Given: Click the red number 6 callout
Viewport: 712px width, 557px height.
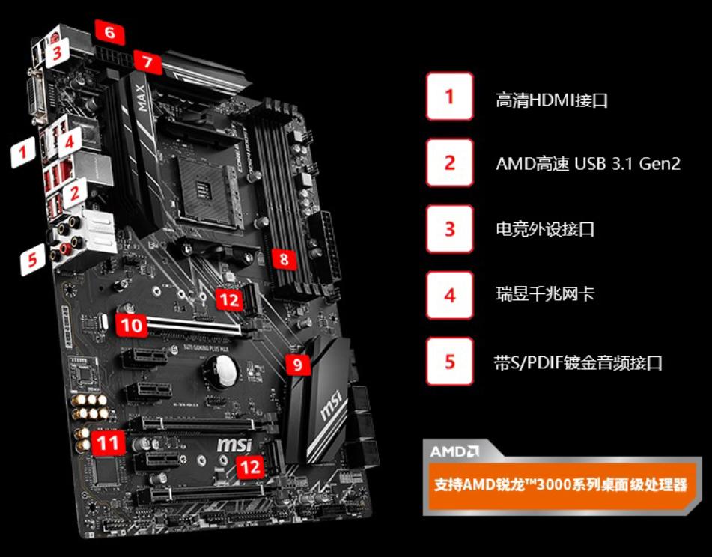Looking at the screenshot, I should click(110, 33).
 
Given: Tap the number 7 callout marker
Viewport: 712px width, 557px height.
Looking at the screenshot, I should click(147, 62).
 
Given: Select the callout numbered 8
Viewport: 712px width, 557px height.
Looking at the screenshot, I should click(284, 260).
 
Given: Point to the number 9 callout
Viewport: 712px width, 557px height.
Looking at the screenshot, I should click(298, 365).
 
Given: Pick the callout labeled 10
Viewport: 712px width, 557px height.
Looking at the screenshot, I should click(132, 325).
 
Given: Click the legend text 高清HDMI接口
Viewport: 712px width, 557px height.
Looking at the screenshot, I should click(551, 100).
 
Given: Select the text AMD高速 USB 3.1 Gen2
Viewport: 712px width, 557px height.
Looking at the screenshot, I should click(588, 163).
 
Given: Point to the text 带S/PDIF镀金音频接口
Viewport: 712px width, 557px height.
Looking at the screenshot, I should click(578, 363).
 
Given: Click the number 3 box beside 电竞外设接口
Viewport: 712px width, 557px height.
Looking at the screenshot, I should click(449, 228).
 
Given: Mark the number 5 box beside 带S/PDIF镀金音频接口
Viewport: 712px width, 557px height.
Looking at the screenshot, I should click(449, 362).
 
